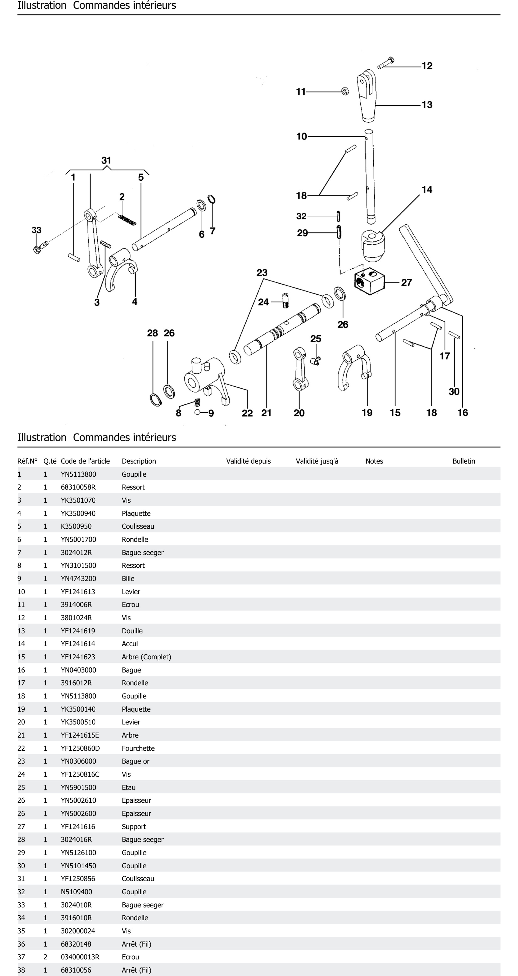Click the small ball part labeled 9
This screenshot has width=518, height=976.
tap(197, 412)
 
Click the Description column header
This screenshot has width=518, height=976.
tap(139, 461)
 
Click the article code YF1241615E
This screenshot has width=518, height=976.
tap(80, 735)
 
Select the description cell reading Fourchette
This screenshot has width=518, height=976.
tap(138, 748)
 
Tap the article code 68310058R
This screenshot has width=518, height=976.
tap(78, 487)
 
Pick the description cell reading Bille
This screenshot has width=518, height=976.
tap(128, 579)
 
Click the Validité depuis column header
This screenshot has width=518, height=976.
tap(248, 461)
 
